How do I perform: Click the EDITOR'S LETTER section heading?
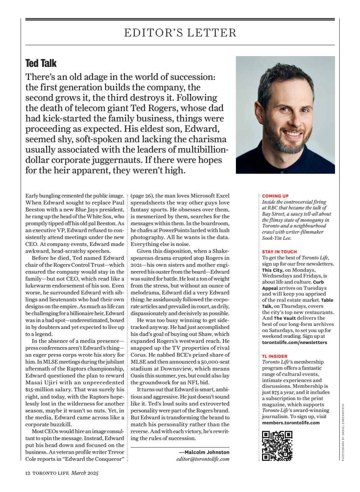(180, 33)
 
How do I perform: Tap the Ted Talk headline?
(41, 63)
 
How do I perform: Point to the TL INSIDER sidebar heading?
(274, 356)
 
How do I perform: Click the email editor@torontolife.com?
(203, 459)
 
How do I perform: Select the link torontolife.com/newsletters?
(295, 342)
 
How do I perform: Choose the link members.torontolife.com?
(291, 423)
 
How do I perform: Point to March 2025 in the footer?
(85, 473)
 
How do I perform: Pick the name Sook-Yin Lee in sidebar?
(277, 238)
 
